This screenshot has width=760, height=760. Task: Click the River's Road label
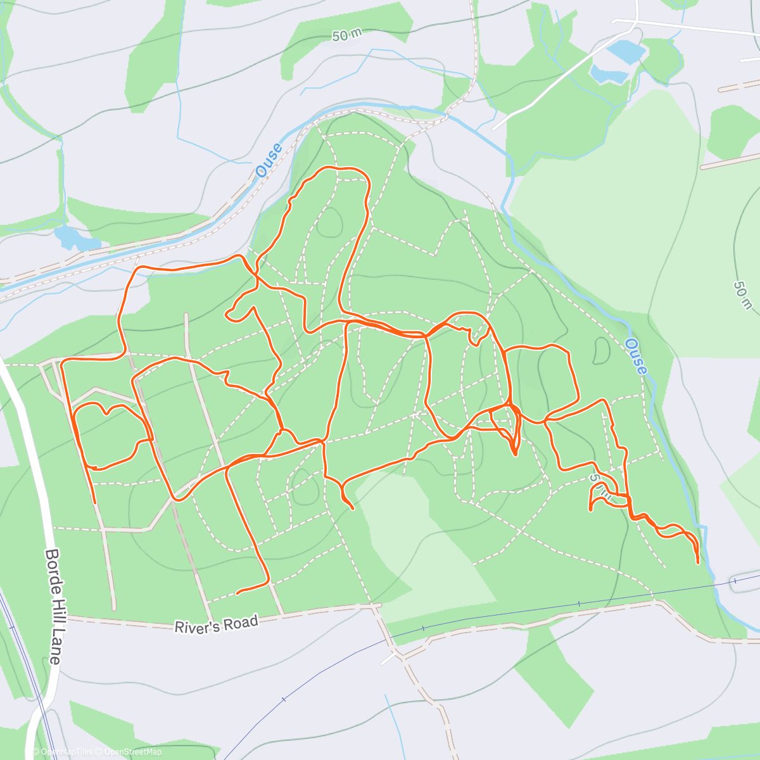click(217, 624)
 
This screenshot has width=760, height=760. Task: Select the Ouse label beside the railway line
click(269, 161)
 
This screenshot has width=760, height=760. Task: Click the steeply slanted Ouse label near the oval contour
click(636, 356)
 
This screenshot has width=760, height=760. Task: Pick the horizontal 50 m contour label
click(346, 35)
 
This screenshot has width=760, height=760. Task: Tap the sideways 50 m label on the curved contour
click(742, 295)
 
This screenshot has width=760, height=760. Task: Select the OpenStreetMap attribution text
click(133, 752)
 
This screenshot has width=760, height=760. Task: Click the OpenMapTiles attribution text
click(66, 752)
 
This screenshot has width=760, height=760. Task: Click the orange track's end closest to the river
click(698, 562)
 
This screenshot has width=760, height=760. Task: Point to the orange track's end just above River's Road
click(237, 593)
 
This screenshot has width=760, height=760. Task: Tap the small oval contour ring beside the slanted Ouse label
click(601, 351)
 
